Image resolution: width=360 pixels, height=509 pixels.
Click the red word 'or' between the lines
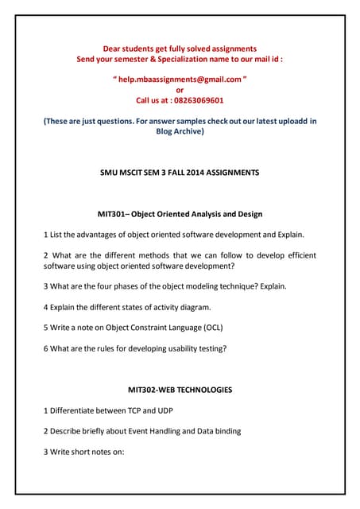click(x=180, y=90)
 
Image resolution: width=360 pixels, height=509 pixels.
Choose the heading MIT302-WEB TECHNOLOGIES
click(x=180, y=390)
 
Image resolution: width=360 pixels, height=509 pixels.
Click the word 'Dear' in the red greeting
click(x=117, y=49)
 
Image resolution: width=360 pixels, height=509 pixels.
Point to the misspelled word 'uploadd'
click(x=277, y=121)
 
